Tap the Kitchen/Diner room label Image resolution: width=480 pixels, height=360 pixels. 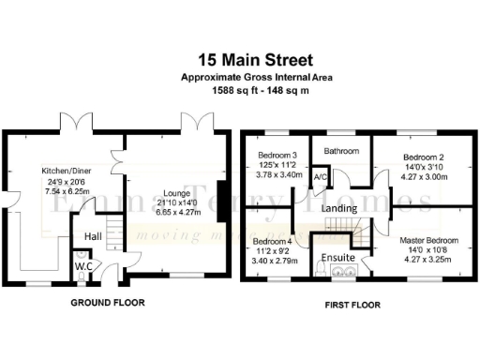(65, 170)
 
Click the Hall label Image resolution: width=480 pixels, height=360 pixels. (92, 236)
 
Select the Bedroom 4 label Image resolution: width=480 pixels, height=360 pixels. (272, 241)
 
